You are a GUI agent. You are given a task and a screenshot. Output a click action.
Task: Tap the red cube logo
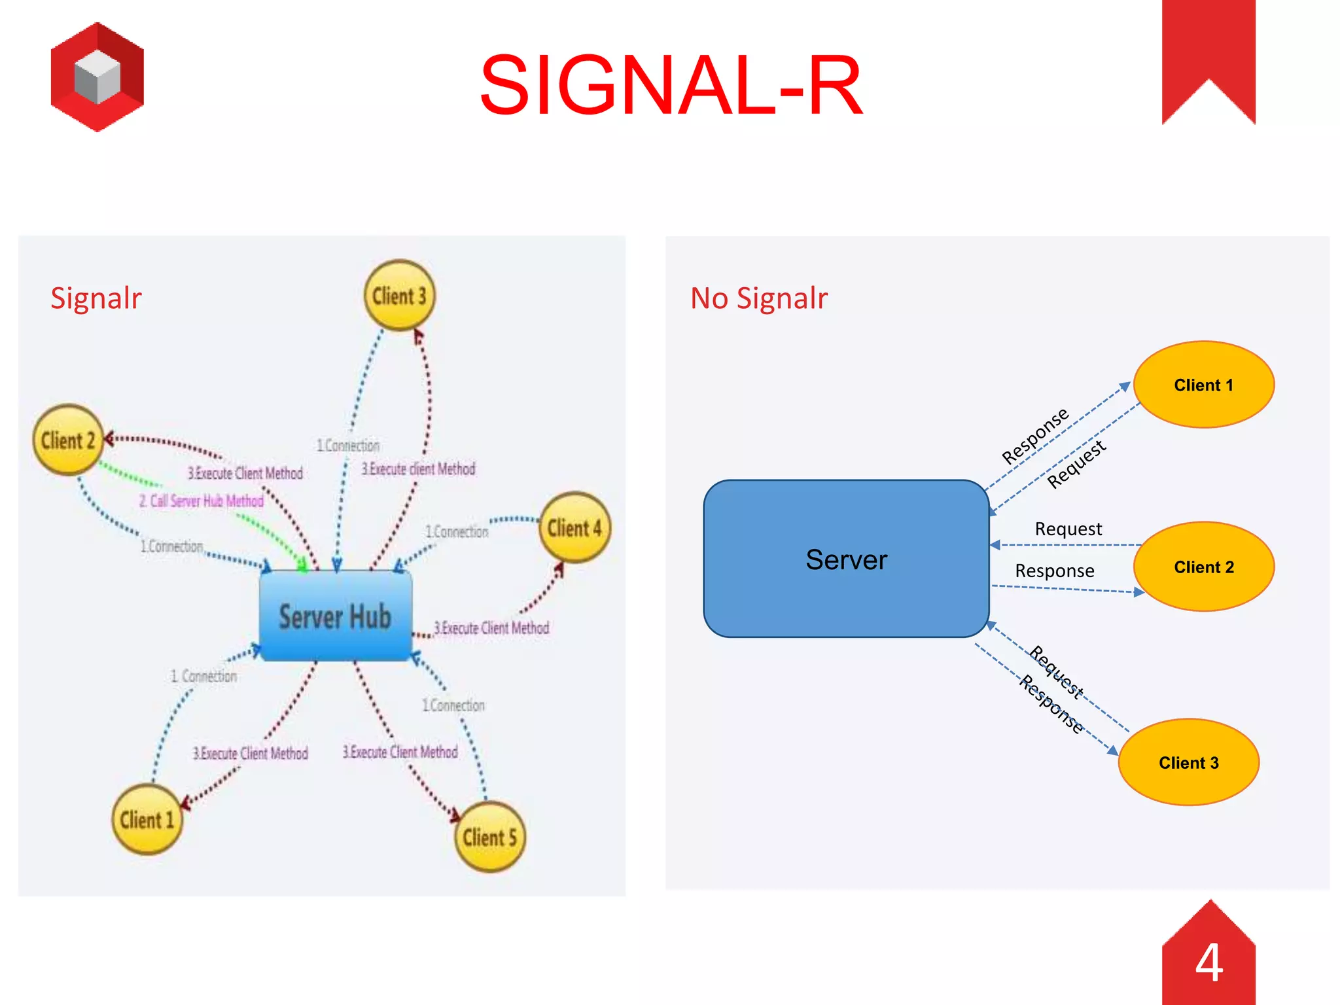(97, 77)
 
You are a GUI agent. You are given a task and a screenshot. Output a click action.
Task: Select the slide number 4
(1208, 962)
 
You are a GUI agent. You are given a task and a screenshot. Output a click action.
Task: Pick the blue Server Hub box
(335, 616)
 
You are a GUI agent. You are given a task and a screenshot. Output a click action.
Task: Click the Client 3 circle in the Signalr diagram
(399, 296)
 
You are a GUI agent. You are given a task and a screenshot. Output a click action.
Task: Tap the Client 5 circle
(489, 837)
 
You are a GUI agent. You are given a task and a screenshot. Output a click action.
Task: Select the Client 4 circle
(574, 528)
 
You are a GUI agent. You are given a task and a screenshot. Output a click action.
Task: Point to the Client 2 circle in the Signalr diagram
(68, 440)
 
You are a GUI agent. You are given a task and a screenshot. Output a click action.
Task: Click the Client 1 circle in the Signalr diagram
(147, 820)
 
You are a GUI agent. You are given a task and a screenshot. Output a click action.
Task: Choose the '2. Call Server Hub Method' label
(202, 501)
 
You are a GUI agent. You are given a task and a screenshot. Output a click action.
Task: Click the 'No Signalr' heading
(758, 298)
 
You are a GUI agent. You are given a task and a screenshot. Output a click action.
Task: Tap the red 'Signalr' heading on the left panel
(96, 298)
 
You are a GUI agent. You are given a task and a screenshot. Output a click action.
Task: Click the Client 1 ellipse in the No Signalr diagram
(1203, 385)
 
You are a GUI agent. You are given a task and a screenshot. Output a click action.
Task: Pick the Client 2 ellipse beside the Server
(1203, 567)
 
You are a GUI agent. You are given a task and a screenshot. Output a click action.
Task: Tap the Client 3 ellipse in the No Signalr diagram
(1188, 762)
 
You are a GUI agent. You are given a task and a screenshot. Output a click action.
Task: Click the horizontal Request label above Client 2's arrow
(1068, 529)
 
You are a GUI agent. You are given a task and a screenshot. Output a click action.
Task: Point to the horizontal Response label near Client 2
(1054, 571)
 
